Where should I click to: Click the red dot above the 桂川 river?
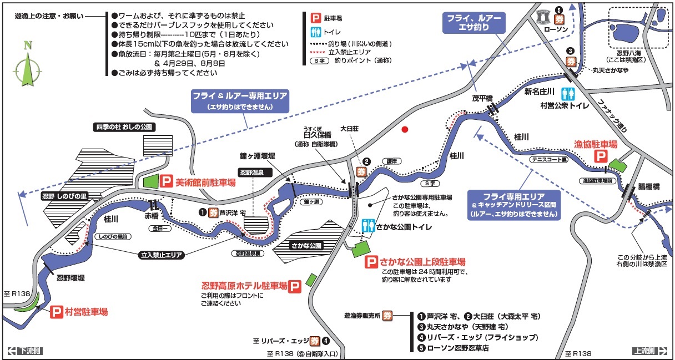pos(405,129)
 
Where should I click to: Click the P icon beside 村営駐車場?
pos(56,312)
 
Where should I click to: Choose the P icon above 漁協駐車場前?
pos(601,157)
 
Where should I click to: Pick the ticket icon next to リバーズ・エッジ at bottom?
pos(315,341)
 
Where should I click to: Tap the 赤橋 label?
pos(152,215)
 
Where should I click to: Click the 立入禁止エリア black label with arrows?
pos(160,256)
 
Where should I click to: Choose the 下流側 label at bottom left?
pos(26,351)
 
